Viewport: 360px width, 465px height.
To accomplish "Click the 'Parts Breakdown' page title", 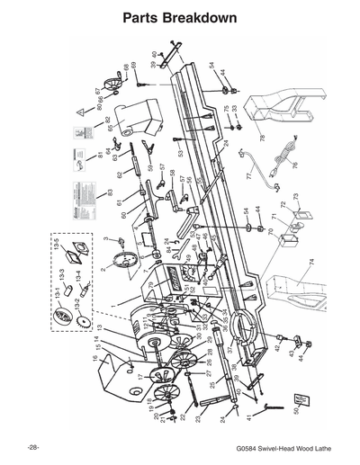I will pos(179,18).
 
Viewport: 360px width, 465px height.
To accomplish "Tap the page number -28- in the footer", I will pos(33,447).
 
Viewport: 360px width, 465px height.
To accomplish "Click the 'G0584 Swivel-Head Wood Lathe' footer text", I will pos(282,447).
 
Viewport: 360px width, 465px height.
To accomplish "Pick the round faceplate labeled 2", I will pos(122,262).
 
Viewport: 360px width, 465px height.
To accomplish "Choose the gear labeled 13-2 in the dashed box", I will pos(82,320).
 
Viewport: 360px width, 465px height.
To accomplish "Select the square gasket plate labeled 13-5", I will pos(80,251).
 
